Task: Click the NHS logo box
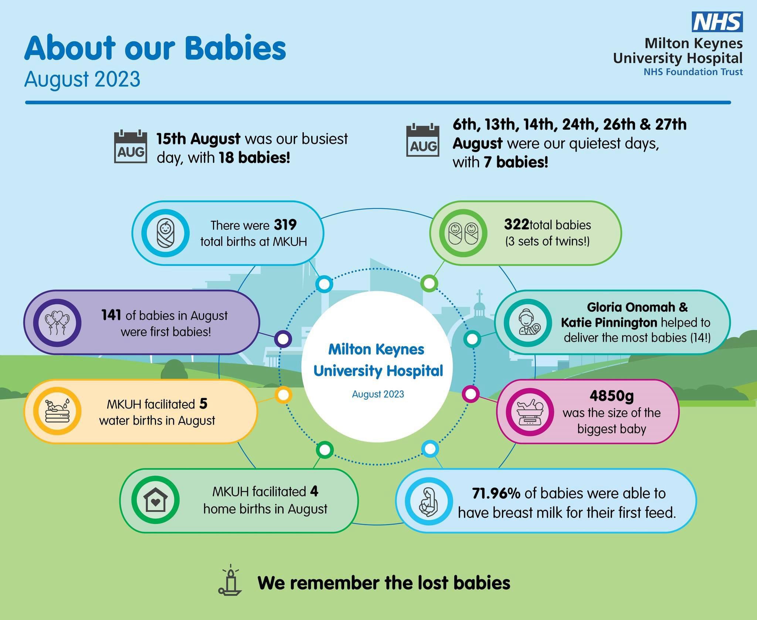717,21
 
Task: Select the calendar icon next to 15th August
130,146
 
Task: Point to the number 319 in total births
285,225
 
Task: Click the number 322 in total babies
516,224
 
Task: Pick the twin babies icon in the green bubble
463,233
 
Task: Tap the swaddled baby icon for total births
165,233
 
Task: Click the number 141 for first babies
111,315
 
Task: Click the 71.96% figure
496,493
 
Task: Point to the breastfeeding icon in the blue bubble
428,502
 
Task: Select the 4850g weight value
612,396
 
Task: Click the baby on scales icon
530,411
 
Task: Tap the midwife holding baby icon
528,323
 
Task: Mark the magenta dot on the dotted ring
471,394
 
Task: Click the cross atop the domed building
479,296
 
